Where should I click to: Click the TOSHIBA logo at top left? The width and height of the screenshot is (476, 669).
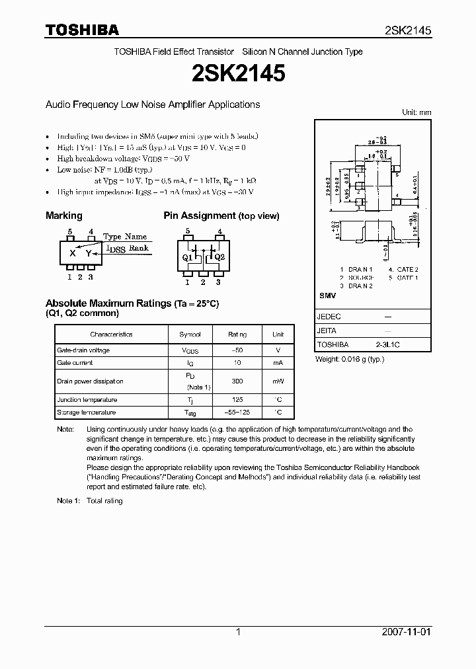click(82, 30)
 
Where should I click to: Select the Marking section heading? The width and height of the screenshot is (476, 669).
click(64, 216)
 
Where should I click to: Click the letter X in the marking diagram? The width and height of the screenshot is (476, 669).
click(73, 253)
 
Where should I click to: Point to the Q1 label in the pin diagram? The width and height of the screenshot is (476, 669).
click(187, 257)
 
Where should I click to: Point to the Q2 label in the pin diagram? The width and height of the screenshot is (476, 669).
click(219, 257)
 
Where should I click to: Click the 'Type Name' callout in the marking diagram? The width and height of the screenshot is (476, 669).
click(125, 236)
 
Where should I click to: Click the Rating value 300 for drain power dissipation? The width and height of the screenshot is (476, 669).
click(237, 381)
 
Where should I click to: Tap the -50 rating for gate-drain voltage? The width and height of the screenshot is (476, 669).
click(237, 350)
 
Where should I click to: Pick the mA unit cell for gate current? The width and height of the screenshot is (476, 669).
click(278, 363)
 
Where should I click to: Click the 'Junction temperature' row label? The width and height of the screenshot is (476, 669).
click(87, 400)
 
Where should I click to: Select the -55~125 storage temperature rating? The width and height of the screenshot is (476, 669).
click(237, 413)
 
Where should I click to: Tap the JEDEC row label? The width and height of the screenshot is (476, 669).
click(328, 317)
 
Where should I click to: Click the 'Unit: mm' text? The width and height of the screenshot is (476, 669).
click(416, 112)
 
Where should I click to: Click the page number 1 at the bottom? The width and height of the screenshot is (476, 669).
click(237, 632)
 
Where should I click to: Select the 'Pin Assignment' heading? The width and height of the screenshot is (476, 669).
click(200, 216)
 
